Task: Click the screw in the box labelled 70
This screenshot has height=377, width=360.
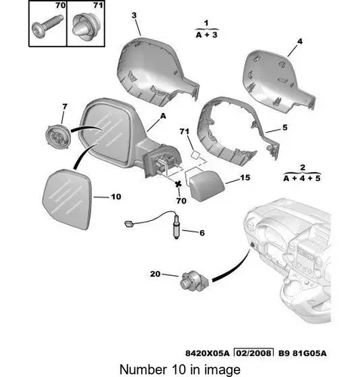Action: [48, 26]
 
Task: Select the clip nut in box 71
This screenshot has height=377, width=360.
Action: [85, 26]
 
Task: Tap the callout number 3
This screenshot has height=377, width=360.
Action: [134, 15]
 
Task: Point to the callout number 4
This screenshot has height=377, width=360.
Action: [300, 41]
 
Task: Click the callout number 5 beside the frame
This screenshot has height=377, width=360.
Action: [285, 127]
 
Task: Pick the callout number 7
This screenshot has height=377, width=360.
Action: [65, 107]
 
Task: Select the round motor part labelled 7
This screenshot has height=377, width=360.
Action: [57, 137]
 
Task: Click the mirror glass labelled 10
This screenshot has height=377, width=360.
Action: [66, 199]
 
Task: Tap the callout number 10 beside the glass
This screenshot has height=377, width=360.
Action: [116, 197]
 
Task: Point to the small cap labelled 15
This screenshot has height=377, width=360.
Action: [207, 185]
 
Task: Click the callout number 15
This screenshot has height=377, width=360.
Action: [245, 178]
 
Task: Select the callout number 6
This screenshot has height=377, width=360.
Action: [202, 233]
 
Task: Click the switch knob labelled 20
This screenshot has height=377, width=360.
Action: [194, 281]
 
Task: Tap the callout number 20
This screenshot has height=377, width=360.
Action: [155, 274]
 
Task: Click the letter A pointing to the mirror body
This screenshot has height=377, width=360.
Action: [163, 116]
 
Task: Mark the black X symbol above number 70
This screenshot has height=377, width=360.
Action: [178, 184]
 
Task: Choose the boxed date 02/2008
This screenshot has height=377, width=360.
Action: [254, 353]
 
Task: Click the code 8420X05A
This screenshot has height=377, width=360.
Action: [208, 353]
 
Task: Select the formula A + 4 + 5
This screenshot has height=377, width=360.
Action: [302, 179]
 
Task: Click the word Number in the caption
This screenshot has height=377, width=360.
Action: [143, 369]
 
